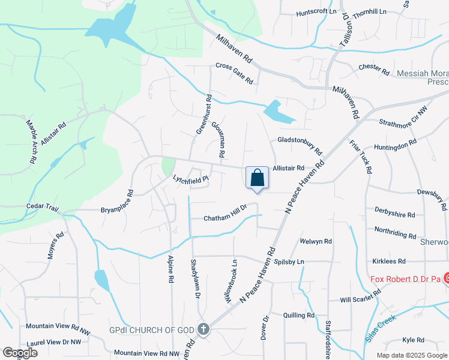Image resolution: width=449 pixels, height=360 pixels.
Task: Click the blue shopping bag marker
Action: click(x=257, y=178)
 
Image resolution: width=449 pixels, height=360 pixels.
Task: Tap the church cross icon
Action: click(x=203, y=329)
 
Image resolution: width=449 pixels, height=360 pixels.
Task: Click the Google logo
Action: click(x=20, y=353)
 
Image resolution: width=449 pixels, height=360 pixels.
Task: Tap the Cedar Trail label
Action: click(x=41, y=206)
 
